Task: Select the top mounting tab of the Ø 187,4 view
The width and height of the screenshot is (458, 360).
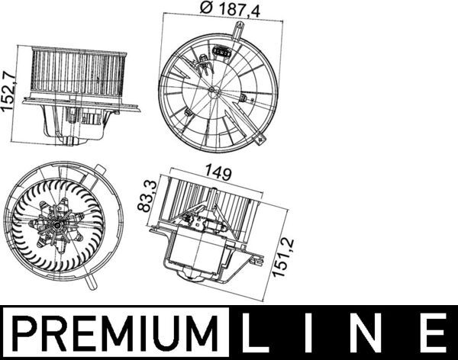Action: coord(240,31)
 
